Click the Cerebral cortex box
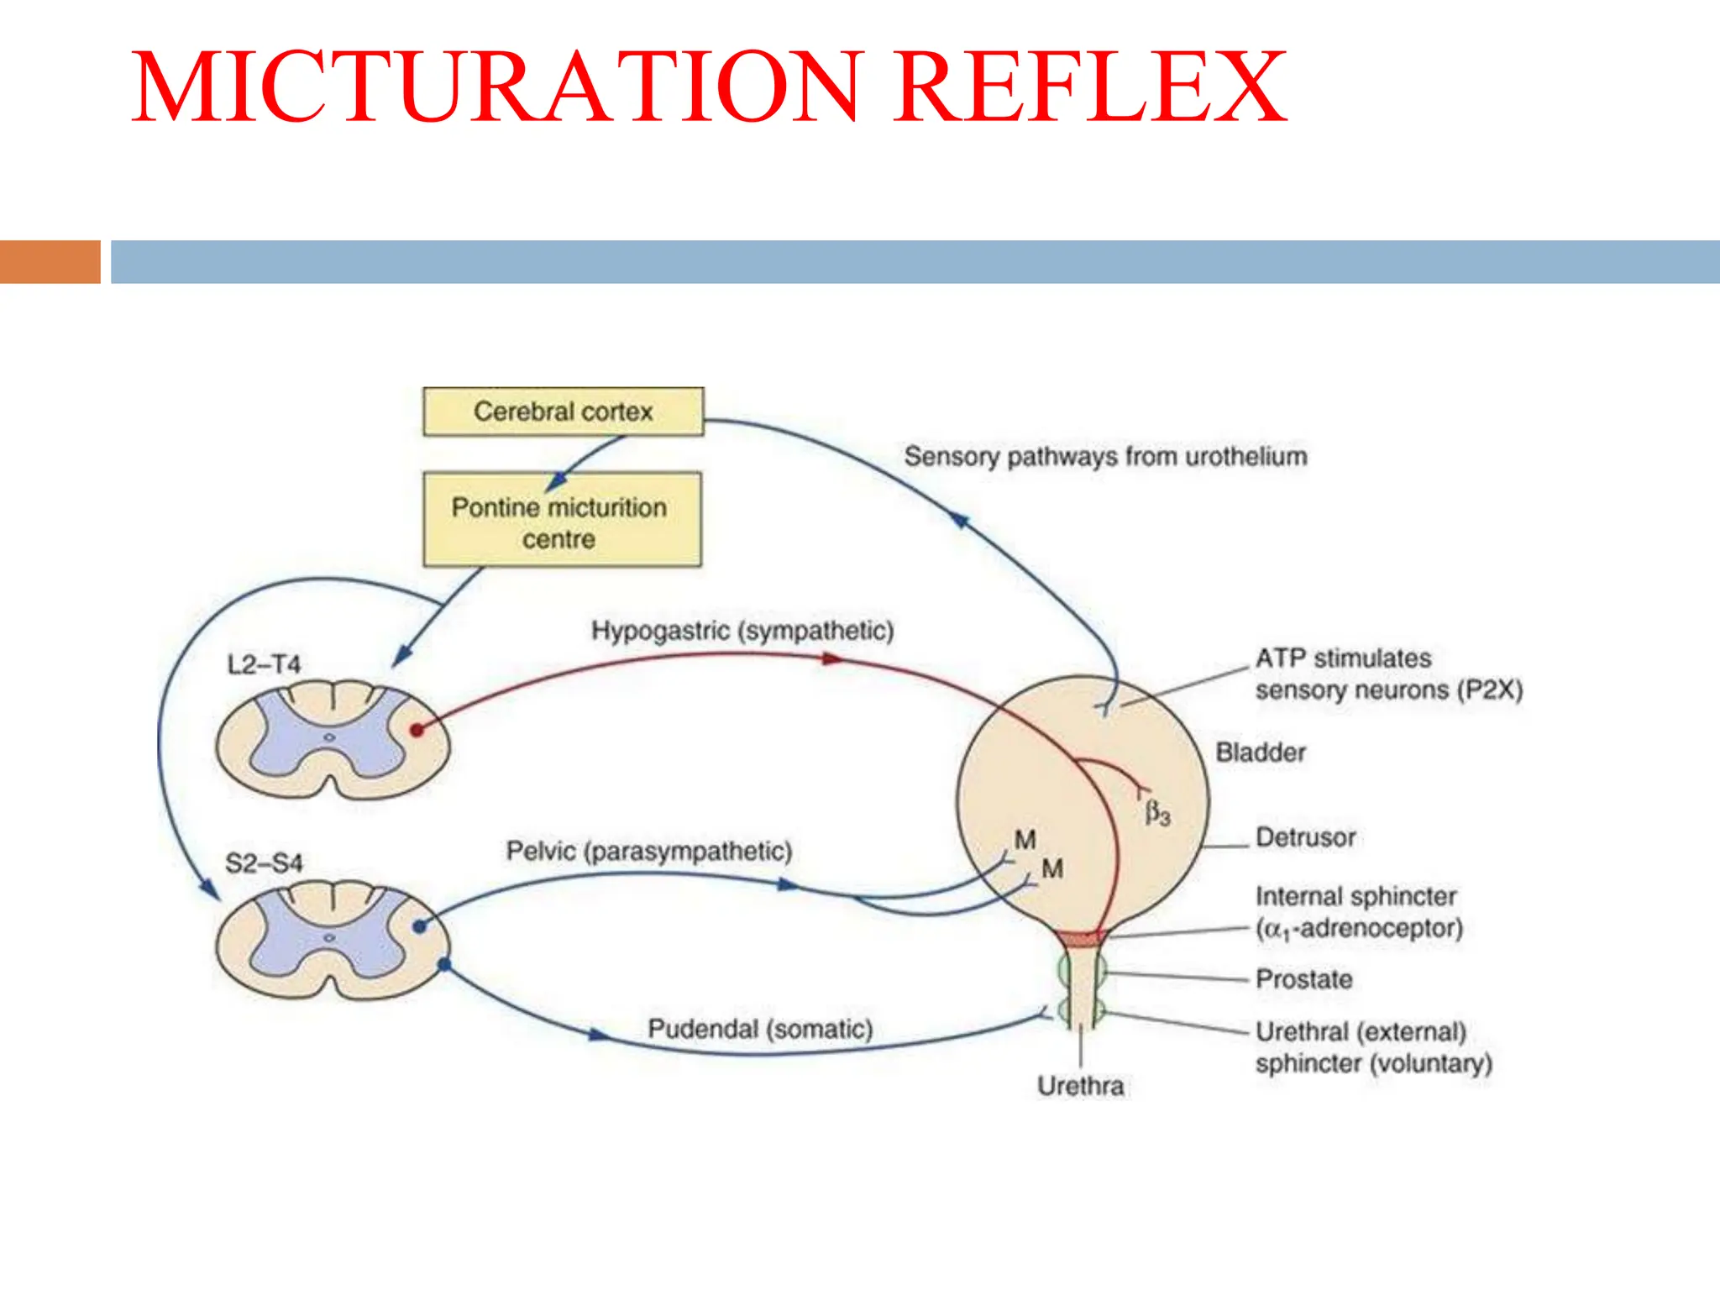(563, 412)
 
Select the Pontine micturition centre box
(561, 521)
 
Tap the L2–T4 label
(264, 665)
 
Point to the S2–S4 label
(264, 863)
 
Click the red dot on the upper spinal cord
(417, 730)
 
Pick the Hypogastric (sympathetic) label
(742, 631)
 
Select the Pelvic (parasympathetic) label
(649, 851)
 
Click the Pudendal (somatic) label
(760, 1029)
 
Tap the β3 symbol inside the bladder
(1157, 812)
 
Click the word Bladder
(1261, 752)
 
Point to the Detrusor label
(1305, 837)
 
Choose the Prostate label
(1303, 979)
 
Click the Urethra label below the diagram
(1080, 1086)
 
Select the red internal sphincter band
(1080, 939)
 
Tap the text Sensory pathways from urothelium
(1105, 457)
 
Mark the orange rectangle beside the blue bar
(50, 262)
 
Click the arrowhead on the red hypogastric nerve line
(831, 659)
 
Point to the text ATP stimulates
(1343, 658)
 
